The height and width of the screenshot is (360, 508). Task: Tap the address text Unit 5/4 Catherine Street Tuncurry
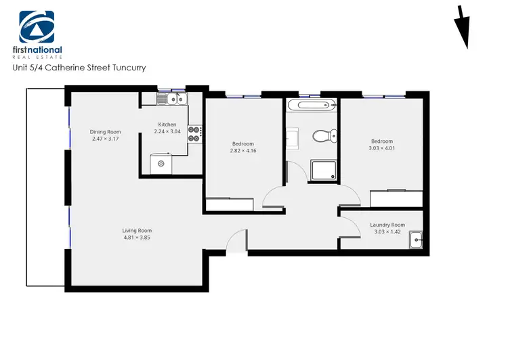tap(79, 68)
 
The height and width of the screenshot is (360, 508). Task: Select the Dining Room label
tap(106, 132)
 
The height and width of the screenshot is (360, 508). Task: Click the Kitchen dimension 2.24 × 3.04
tap(167, 131)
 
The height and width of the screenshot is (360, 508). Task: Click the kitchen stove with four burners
tap(194, 133)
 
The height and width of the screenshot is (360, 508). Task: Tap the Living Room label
tap(137, 230)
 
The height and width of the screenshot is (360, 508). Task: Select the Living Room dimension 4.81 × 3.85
tap(137, 238)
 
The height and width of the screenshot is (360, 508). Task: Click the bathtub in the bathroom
tap(310, 105)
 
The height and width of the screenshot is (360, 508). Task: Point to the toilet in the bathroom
tap(322, 137)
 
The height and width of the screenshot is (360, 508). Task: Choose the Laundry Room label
tap(387, 225)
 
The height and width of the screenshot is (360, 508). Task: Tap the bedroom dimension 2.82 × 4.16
tap(243, 151)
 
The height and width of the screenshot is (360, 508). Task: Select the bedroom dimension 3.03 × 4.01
tap(381, 148)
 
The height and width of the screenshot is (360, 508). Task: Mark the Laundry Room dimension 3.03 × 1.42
tap(387, 232)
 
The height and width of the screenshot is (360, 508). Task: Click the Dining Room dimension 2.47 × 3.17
tap(106, 139)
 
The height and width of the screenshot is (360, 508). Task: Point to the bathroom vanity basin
tap(293, 140)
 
